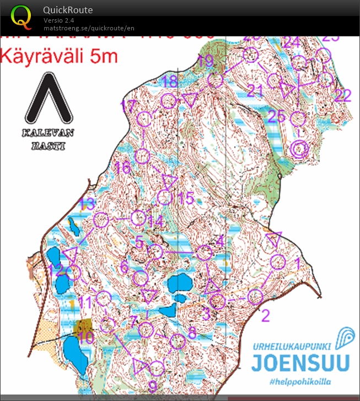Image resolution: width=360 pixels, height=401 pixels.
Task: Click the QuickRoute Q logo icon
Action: coord(22,17)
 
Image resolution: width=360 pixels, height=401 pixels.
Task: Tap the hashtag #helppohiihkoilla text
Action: coord(302,382)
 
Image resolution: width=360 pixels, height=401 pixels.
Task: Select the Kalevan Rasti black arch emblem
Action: coord(49,100)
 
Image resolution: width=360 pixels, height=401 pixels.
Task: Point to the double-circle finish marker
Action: coord(299,149)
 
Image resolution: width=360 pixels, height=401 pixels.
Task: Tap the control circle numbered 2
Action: coord(255,297)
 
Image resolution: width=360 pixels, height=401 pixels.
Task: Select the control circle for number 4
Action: coord(205,253)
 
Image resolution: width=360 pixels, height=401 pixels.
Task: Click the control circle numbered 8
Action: coord(176,341)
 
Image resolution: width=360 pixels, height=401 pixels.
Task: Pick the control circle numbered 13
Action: coord(100,220)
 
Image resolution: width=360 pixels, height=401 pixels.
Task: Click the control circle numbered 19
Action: coord(216,79)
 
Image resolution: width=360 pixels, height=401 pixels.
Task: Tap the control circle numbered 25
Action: coord(298,118)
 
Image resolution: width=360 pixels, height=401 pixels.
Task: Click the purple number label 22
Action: coord(342,95)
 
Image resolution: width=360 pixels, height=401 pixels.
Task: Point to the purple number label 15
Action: coord(186,198)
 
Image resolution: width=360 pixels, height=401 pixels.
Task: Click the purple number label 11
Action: coord(85,302)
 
